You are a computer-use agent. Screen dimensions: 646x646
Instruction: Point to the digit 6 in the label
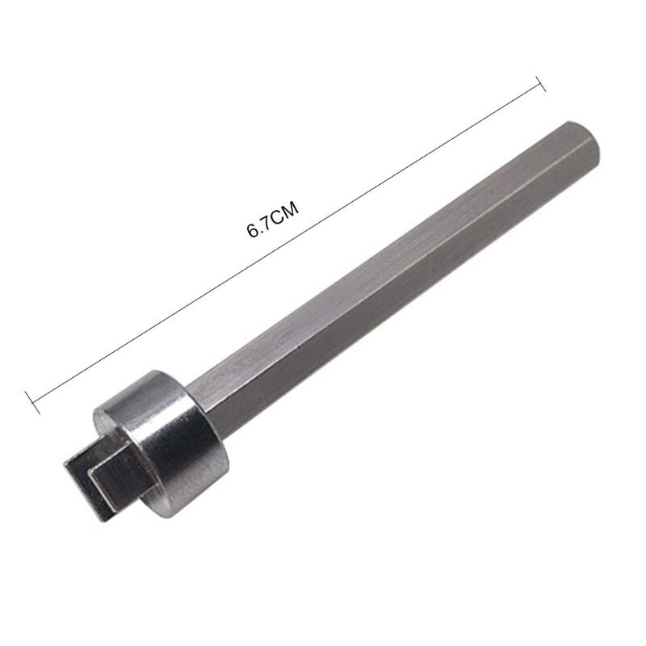click(252, 231)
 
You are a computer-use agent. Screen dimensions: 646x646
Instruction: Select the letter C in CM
click(277, 218)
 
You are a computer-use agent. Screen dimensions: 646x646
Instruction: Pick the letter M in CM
click(291, 212)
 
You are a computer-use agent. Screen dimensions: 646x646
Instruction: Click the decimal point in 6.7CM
click(258, 229)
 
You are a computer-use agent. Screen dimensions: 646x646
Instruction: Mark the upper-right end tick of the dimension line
click(542, 81)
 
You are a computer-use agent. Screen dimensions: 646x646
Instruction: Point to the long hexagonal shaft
click(388, 266)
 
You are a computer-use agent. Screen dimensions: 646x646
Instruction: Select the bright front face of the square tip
click(113, 484)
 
